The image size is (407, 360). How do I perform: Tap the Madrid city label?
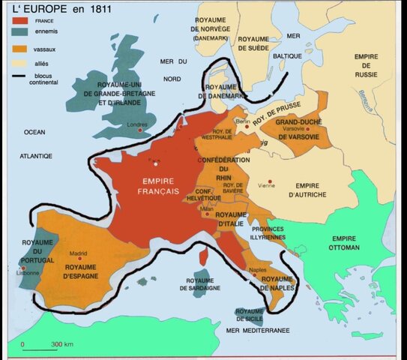[x=79, y=253]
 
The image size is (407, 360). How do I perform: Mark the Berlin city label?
[x=242, y=121]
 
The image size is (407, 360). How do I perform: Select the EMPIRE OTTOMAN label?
[x=344, y=243]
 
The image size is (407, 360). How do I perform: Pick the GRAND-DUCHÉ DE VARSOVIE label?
[x=299, y=130]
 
